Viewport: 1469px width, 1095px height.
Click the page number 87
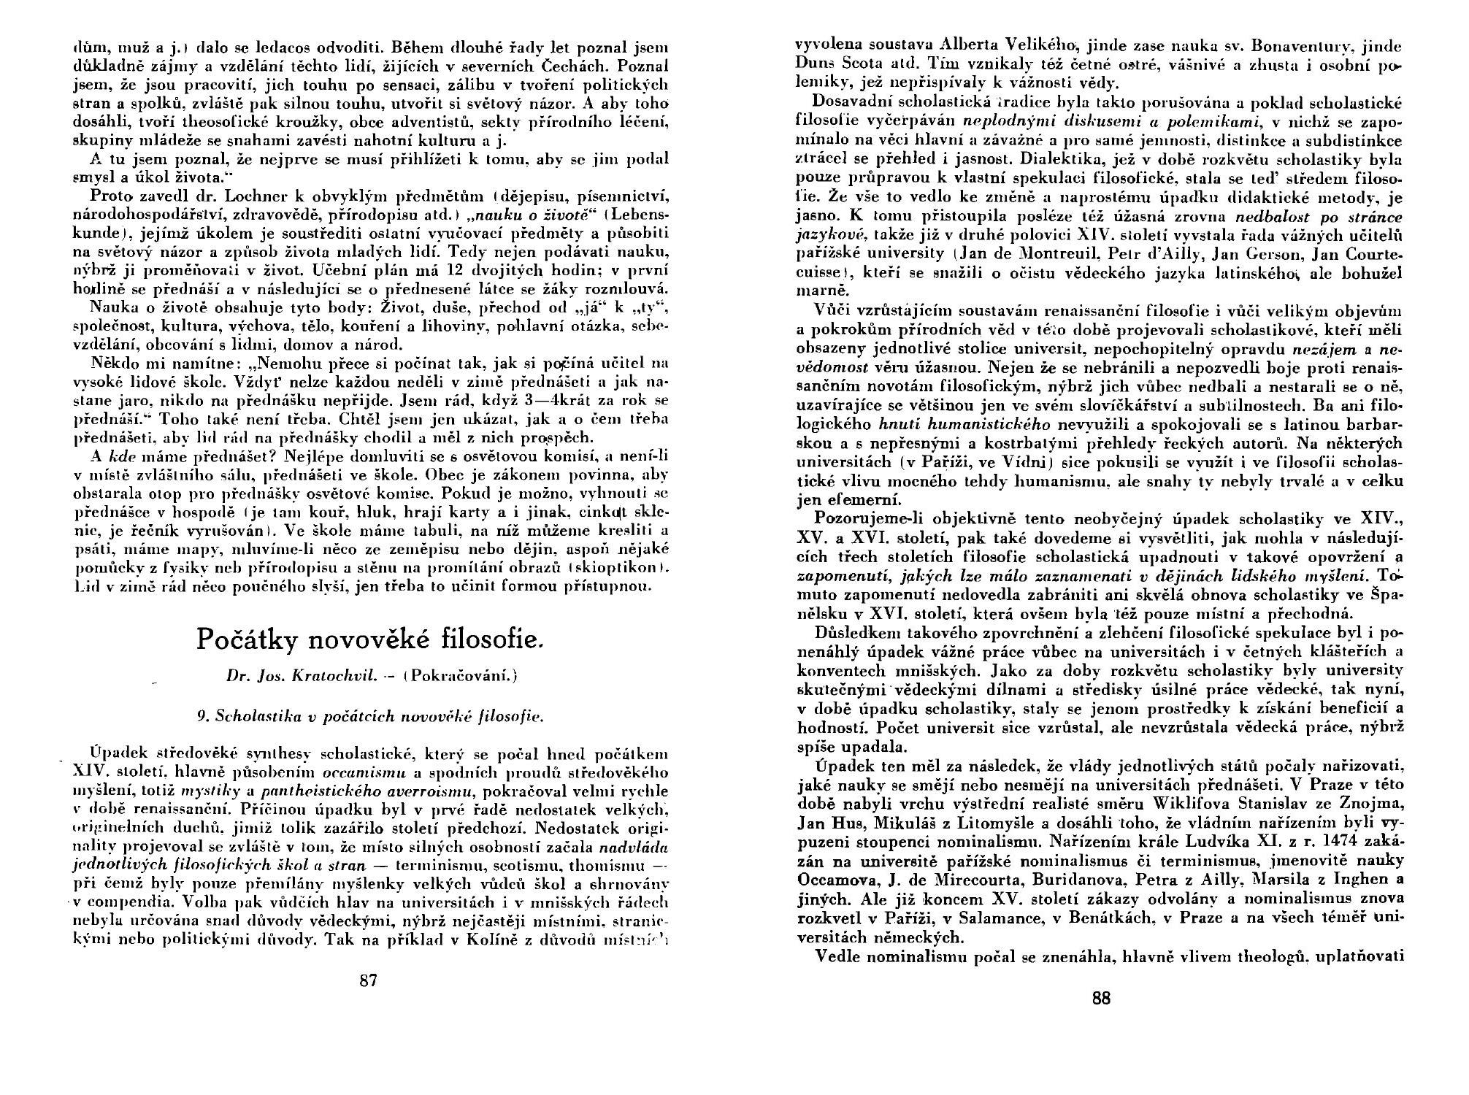click(x=369, y=980)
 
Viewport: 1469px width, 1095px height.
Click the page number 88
click(x=1101, y=999)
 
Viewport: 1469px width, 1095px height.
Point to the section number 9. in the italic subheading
click(x=204, y=716)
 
